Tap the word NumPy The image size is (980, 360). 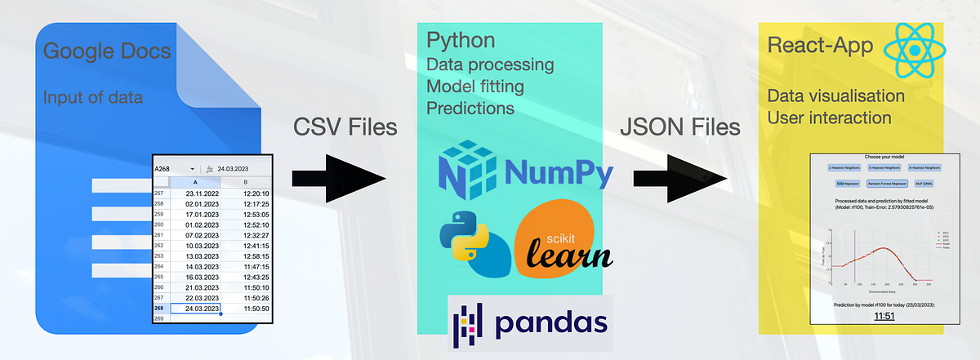pyautogui.click(x=557, y=172)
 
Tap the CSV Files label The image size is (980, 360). pyautogui.click(x=345, y=127)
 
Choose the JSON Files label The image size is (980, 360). pyautogui.click(x=679, y=127)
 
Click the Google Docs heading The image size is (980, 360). pyautogui.click(x=107, y=52)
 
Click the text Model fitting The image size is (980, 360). pyautogui.click(x=475, y=86)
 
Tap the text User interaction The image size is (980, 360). pyautogui.click(x=829, y=118)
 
